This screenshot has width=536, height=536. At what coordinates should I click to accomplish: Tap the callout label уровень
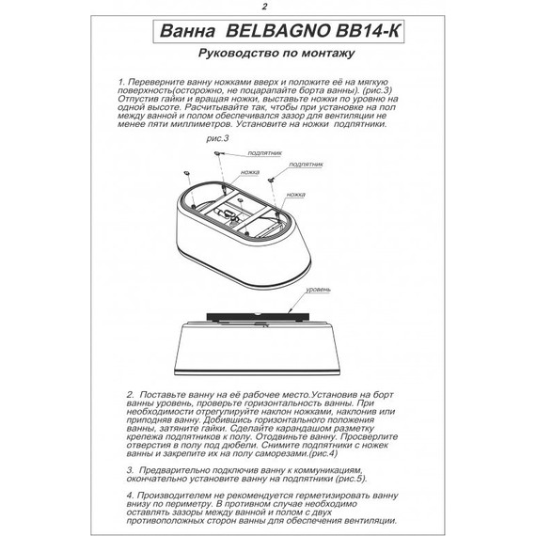coord(310,292)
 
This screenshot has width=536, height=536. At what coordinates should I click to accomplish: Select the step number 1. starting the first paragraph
coord(123,83)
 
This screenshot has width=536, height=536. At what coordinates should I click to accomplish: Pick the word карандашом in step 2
coord(292,422)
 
